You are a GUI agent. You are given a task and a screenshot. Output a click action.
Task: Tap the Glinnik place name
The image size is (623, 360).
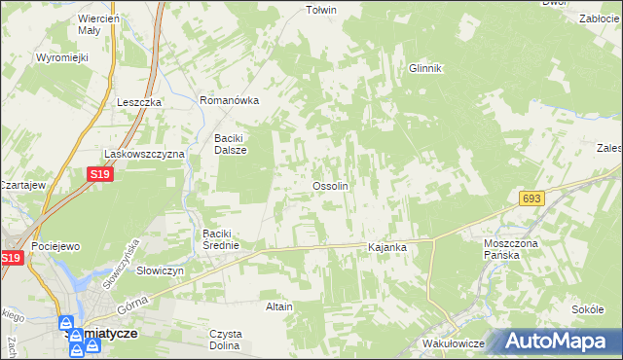(x=425, y=68)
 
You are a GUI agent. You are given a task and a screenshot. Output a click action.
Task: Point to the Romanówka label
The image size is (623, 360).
(x=229, y=100)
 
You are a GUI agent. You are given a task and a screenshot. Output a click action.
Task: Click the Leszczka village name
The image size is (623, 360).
(x=137, y=102)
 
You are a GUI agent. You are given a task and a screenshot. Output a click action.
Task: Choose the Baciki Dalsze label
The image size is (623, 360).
(x=231, y=144)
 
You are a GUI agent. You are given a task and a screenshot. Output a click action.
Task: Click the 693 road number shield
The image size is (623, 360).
(x=531, y=198)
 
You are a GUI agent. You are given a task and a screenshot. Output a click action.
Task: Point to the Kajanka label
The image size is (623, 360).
(x=386, y=248)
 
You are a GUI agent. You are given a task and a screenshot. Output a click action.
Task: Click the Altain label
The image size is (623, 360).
(x=279, y=306)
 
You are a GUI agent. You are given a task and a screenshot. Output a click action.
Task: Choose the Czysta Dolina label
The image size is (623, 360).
(x=225, y=340)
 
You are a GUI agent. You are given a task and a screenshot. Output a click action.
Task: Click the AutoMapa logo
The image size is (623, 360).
(x=562, y=341)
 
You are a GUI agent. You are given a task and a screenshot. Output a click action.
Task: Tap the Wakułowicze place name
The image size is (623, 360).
(x=455, y=344)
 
